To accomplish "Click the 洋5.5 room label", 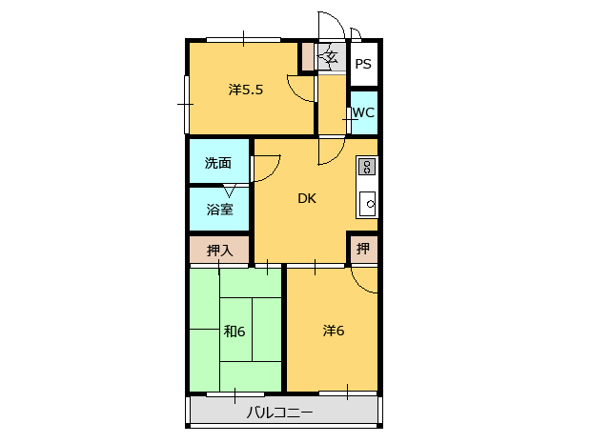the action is pos(245,90).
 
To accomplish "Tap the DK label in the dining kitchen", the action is pos(307,198).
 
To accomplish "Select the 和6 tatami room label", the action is pos(234,332).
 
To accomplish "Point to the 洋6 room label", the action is pos(334,331).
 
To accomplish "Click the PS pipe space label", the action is pos(363,64).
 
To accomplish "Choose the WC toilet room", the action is pos(364,112).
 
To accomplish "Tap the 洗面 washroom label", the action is pos(218,163).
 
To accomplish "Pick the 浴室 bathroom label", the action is pos(220,209).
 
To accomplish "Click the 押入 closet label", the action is pos(220,251).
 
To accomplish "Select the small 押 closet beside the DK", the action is pos(363,249).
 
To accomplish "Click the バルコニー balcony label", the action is pos(279,413).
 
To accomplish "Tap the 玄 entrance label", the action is pos(332,57).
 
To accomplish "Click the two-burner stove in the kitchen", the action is pos(367,167).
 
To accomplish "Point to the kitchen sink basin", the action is pos(367,204).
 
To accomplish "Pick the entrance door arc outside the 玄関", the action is pos(337,20).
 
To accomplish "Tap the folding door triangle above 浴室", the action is pos(229,191).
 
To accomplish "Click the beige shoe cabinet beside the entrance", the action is pos(308,56).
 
